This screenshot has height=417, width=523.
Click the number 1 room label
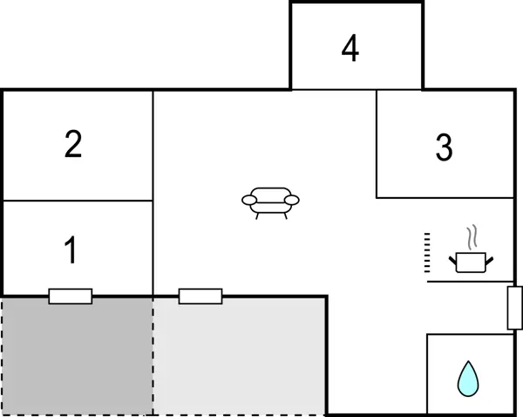point(71,251)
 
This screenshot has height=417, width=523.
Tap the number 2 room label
point(73,144)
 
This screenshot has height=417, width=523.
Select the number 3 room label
point(445,148)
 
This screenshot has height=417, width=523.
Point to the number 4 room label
point(350,50)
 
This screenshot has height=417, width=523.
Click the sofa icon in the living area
point(269,202)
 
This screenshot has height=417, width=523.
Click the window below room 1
point(71,297)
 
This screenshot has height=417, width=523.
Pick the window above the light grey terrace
point(200,297)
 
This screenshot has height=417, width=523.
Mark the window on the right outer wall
point(514,307)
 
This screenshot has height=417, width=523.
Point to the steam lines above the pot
point(472,237)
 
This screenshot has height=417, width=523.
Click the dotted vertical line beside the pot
point(427,253)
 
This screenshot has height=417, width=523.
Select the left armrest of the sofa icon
point(249,201)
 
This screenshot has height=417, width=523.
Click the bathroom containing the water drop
point(469,373)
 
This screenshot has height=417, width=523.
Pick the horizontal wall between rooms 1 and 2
point(78,201)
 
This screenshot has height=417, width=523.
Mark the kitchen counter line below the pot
point(471,282)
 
